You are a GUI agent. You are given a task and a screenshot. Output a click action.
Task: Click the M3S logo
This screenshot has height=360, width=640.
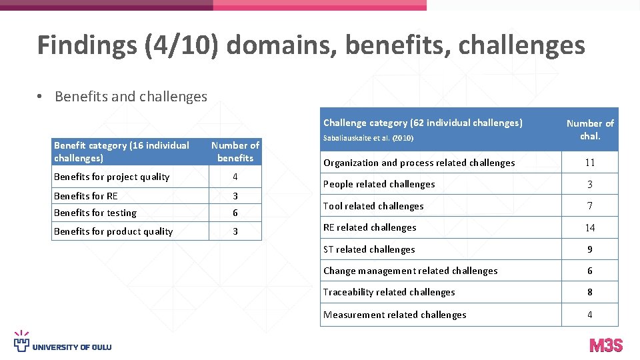605,345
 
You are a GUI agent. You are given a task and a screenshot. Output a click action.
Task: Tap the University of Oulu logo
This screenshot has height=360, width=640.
63,341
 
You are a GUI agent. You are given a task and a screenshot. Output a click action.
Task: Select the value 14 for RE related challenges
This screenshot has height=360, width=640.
589,228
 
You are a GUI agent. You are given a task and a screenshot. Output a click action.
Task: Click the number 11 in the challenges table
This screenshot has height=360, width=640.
589,163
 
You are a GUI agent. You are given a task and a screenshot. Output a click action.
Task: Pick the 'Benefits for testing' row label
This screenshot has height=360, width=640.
95,213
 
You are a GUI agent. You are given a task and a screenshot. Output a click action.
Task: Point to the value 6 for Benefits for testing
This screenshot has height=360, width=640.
235,213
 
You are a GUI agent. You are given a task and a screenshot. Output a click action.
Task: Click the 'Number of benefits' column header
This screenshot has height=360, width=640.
235,151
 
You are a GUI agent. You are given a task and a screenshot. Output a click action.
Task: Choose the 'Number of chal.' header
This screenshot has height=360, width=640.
590,129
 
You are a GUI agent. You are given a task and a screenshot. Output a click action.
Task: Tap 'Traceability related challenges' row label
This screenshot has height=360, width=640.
389,292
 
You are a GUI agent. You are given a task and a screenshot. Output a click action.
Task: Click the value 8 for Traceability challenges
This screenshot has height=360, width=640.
589,292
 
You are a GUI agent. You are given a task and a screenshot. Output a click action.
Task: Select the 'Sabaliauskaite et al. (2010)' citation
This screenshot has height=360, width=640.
369,138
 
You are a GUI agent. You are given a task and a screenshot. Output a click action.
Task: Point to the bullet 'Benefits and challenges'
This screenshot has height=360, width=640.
131,97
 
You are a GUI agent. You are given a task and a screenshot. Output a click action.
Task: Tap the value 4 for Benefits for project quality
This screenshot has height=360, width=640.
235,177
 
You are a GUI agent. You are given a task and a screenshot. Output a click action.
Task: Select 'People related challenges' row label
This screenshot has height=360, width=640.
379,184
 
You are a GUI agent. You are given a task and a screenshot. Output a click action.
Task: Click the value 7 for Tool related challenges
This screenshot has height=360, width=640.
589,206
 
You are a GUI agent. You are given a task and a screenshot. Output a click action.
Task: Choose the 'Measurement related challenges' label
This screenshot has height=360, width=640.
395,315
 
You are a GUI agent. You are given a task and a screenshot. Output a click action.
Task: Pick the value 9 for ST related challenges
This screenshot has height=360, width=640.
589,249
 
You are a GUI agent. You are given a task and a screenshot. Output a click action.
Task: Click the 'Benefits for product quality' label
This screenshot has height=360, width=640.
113,231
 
